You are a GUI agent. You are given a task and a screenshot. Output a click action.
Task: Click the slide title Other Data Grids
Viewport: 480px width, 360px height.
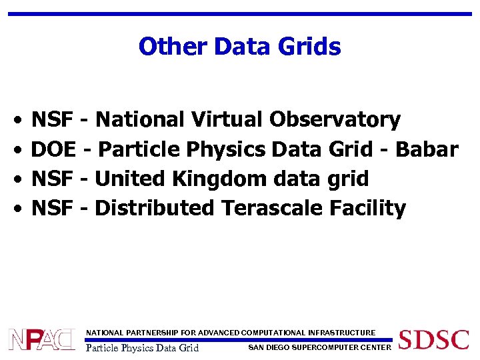pyautogui.click(x=239, y=47)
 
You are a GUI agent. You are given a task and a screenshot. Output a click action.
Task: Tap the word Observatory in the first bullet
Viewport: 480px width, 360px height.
pyautogui.click(x=335, y=120)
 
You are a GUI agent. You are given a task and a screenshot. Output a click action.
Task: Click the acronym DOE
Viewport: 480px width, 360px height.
pyautogui.click(x=54, y=149)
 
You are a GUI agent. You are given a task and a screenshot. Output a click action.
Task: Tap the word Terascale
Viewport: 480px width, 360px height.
pyautogui.click(x=273, y=208)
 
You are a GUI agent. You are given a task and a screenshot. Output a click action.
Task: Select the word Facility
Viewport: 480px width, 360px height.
pyautogui.click(x=368, y=208)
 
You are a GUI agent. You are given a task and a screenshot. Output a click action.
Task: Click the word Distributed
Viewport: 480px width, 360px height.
pyautogui.click(x=155, y=208)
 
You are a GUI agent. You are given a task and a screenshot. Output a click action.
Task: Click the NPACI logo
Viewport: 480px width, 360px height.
pyautogui.click(x=41, y=339)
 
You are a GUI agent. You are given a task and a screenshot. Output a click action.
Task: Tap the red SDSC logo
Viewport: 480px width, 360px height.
pyautogui.click(x=433, y=339)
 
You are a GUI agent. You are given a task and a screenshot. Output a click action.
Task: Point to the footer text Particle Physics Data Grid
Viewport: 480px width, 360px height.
pyautogui.click(x=143, y=347)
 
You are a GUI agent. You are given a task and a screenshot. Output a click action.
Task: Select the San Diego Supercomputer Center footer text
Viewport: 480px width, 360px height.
pyautogui.click(x=319, y=347)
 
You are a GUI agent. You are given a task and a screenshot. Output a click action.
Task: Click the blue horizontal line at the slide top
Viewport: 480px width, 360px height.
pyautogui.click(x=239, y=13)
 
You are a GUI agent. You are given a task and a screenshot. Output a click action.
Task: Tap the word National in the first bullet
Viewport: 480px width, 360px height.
pyautogui.click(x=140, y=120)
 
